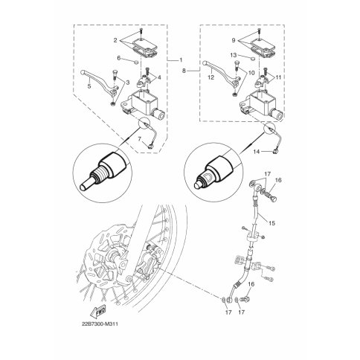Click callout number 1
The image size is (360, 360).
click(181, 60)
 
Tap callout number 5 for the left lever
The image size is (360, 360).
click(89, 86)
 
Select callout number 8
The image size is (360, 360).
click(184, 71)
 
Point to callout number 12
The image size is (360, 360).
click(211, 77)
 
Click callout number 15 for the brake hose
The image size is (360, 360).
click(272, 223)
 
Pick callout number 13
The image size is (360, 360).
click(234, 55)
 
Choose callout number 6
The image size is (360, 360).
click(119, 58)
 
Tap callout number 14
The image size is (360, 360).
click(257, 151)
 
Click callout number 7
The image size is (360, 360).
click(140, 139)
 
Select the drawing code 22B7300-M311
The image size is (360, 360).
click(100, 324)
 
